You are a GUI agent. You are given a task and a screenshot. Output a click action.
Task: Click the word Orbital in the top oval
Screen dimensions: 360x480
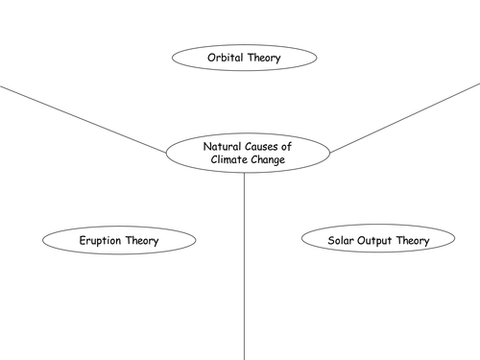pos(226,59)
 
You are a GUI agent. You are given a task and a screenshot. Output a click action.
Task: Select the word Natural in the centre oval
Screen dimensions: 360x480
pos(222,146)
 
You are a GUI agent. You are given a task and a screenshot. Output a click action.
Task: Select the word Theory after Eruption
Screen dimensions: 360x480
pos(141,240)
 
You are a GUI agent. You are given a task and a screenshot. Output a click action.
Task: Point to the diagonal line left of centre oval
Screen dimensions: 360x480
pos(82,118)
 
